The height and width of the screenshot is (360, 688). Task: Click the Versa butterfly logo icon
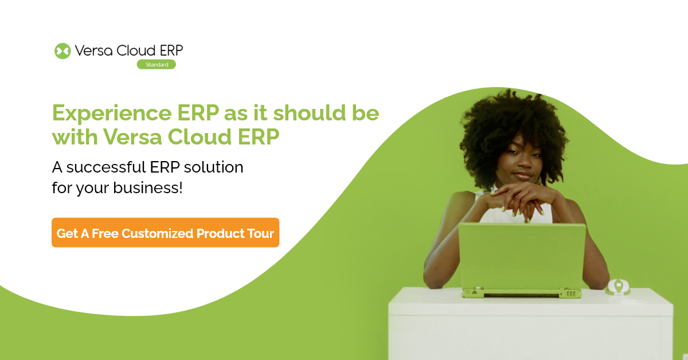[62, 51]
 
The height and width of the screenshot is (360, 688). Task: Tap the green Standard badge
[156, 65]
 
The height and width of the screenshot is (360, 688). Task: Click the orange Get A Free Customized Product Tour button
[165, 233]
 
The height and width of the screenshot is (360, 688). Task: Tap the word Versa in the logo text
[93, 51]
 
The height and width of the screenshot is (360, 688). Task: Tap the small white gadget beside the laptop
[617, 286]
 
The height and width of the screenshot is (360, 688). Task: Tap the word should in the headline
[310, 113]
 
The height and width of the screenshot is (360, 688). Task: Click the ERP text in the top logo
[170, 51]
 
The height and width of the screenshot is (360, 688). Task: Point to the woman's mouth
[521, 176]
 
